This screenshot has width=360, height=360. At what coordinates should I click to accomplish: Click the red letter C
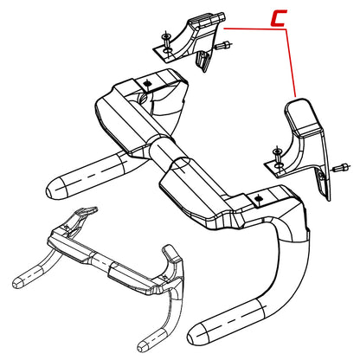click(x=278, y=18)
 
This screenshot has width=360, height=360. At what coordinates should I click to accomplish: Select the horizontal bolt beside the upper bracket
click(x=222, y=45)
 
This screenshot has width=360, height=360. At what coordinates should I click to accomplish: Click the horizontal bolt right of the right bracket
click(x=341, y=168)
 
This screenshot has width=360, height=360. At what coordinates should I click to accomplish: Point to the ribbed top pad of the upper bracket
click(x=207, y=20)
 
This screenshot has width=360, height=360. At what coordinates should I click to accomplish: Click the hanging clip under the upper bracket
click(x=203, y=61)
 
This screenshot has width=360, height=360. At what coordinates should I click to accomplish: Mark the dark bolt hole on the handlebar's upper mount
click(x=148, y=83)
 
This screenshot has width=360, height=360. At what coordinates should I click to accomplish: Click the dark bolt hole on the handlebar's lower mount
click(x=258, y=199)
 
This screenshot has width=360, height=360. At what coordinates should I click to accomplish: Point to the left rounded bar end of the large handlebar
click(x=57, y=189)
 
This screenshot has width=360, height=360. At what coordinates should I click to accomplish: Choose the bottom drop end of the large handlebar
click(x=199, y=332)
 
